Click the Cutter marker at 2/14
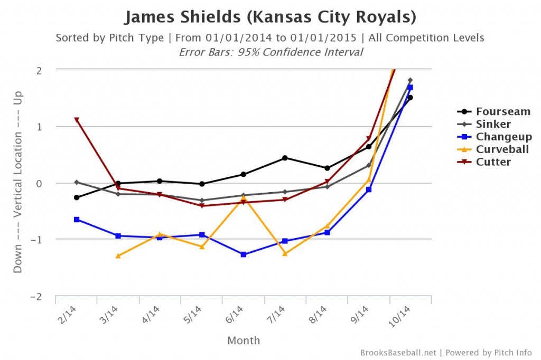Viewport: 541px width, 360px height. pyautogui.click(x=77, y=120)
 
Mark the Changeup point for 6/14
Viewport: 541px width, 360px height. pyautogui.click(x=244, y=254)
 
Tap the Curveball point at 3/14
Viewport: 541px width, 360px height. pyautogui.click(x=118, y=256)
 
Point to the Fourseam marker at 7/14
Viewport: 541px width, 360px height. pyautogui.click(x=285, y=158)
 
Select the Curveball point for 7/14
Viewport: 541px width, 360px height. pyautogui.click(x=285, y=253)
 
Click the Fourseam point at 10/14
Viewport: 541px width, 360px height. pyautogui.click(x=410, y=98)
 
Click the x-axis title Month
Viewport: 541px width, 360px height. pyautogui.click(x=244, y=340)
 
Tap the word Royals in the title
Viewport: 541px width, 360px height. pyautogui.click(x=384, y=17)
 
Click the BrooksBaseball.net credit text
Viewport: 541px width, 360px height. pyautogui.click(x=399, y=352)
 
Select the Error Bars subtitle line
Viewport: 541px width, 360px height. pyautogui.click(x=270, y=52)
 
